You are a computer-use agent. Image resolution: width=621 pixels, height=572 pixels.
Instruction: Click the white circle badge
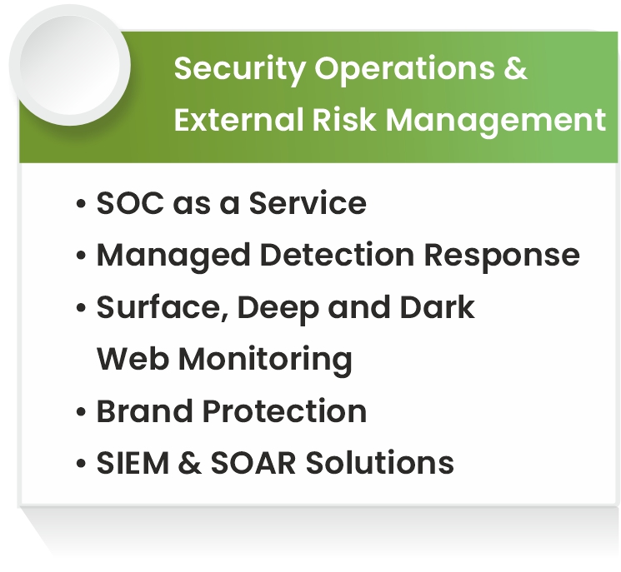pyautogui.click(x=70, y=65)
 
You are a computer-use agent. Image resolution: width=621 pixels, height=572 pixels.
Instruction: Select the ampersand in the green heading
pyautogui.click(x=516, y=67)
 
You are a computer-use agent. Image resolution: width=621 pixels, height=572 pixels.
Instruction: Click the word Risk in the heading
pyautogui.click(x=343, y=119)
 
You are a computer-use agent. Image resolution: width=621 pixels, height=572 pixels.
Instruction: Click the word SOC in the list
pyautogui.click(x=130, y=203)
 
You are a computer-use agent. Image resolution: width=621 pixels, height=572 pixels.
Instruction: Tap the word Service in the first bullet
pyautogui.click(x=308, y=203)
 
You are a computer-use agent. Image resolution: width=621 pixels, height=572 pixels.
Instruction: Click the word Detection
pyautogui.click(x=338, y=255)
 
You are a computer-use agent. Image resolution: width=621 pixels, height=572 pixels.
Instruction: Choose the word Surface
pyautogui.click(x=163, y=308)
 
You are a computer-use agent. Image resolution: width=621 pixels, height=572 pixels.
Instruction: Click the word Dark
pyautogui.click(x=438, y=307)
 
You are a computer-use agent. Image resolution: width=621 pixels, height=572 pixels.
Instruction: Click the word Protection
pyautogui.click(x=284, y=411)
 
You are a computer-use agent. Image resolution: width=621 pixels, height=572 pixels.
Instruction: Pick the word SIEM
pyautogui.click(x=133, y=463)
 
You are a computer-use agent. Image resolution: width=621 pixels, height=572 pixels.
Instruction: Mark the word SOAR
pyautogui.click(x=253, y=463)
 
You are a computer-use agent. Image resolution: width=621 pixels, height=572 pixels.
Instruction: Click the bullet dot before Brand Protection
pyautogui.click(x=81, y=412)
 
